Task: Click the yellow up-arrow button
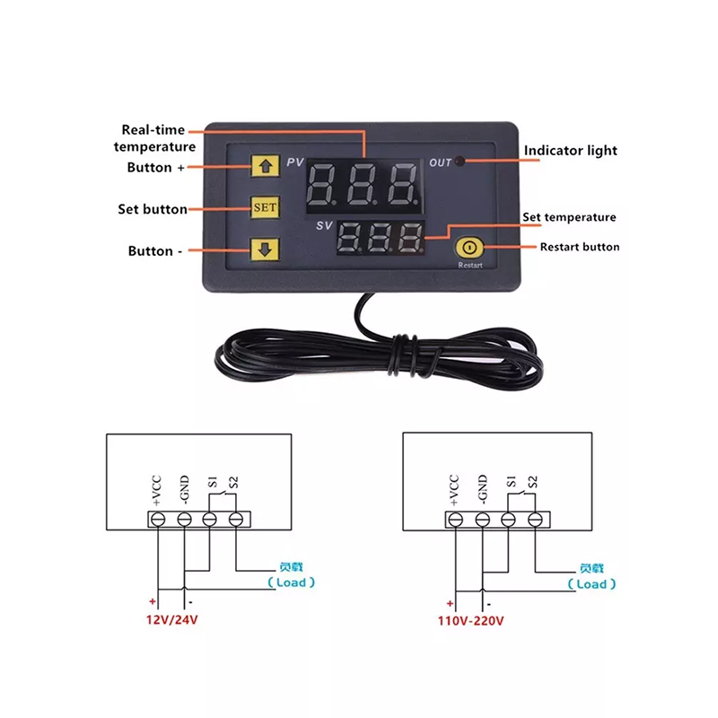click(x=266, y=165)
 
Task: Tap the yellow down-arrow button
click(x=265, y=250)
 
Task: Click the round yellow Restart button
click(x=469, y=248)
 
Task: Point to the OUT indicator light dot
click(x=460, y=162)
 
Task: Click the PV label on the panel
click(x=295, y=162)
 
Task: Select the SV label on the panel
click(x=324, y=225)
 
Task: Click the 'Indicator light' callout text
click(x=571, y=151)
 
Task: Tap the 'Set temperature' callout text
click(x=569, y=217)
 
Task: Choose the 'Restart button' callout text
click(x=580, y=248)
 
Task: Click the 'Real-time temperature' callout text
click(x=154, y=138)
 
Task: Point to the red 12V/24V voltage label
click(x=171, y=620)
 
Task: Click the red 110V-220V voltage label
click(x=470, y=621)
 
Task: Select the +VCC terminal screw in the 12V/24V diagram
click(x=158, y=520)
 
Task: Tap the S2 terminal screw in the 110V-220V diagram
click(x=535, y=520)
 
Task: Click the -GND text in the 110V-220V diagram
click(x=483, y=488)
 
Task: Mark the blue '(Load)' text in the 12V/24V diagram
click(x=291, y=582)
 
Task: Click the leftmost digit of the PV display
click(x=322, y=184)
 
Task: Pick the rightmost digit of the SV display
click(x=410, y=238)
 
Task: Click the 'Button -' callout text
click(x=155, y=251)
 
